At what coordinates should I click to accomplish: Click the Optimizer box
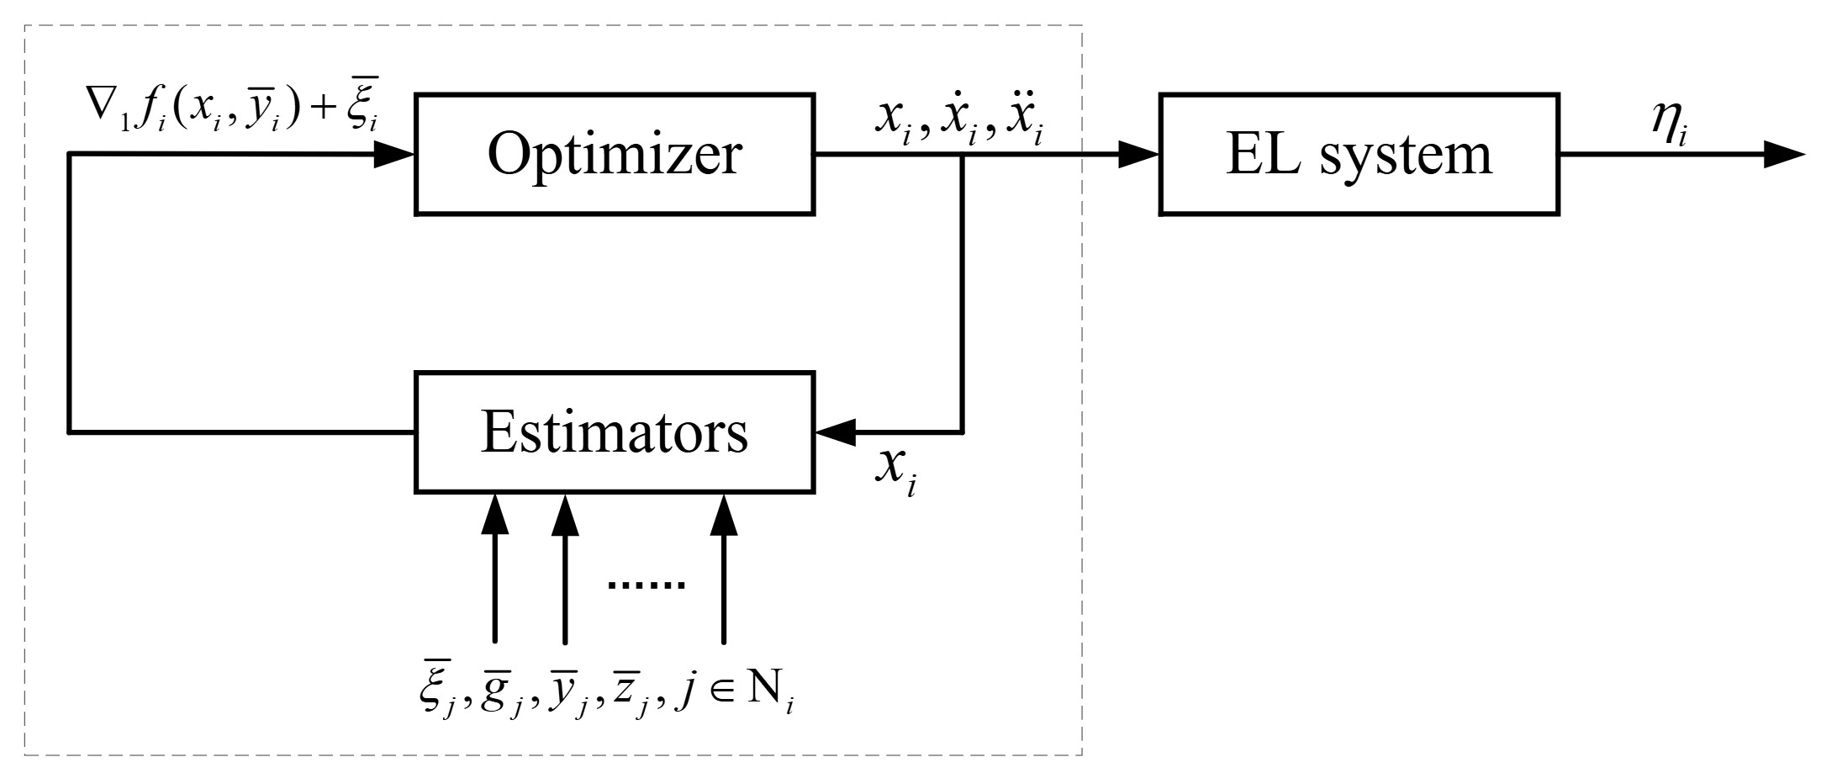(615, 154)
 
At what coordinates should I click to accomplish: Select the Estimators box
(615, 432)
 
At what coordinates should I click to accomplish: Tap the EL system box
(1359, 154)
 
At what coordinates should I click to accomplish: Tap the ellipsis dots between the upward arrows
(646, 584)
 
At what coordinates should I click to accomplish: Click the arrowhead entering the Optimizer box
(393, 154)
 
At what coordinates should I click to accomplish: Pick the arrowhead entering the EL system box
(1139, 154)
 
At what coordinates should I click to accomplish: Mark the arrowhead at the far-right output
(1784, 154)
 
